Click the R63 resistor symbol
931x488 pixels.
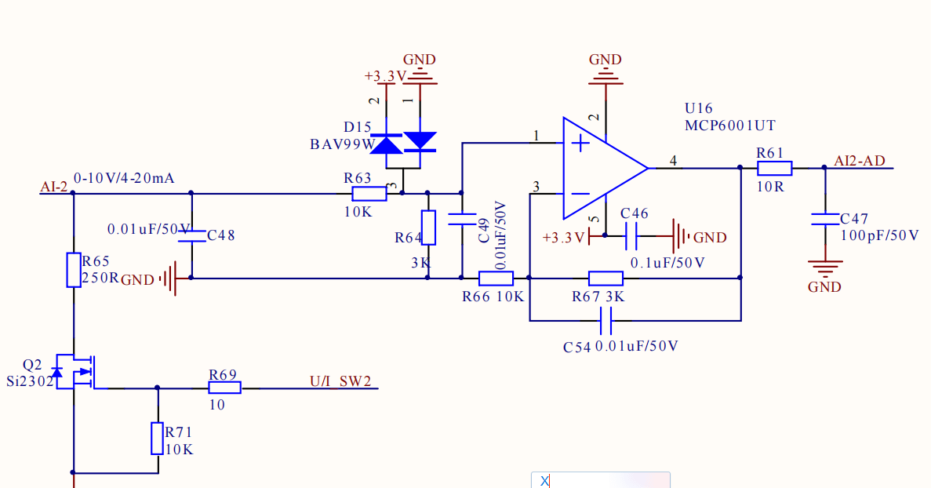click(x=369, y=194)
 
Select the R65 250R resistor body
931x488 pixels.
click(x=74, y=270)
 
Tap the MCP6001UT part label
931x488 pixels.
click(x=729, y=126)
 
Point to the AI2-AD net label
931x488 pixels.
click(x=859, y=161)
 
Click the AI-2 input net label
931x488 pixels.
click(x=54, y=187)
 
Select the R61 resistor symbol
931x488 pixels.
click(x=775, y=169)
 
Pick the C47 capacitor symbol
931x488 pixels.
click(x=825, y=219)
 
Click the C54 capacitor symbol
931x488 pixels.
click(x=606, y=321)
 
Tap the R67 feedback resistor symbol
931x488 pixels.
click(x=606, y=278)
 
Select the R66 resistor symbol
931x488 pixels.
click(x=496, y=278)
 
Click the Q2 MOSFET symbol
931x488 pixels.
click(x=75, y=372)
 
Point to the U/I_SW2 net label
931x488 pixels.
click(x=341, y=381)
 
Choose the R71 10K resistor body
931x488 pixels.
click(x=158, y=439)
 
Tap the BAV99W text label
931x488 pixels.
click(x=343, y=144)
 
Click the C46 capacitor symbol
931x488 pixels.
click(x=631, y=236)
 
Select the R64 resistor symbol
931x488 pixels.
click(x=428, y=228)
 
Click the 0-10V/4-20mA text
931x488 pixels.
click(x=124, y=178)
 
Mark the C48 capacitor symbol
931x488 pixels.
click(x=192, y=236)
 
